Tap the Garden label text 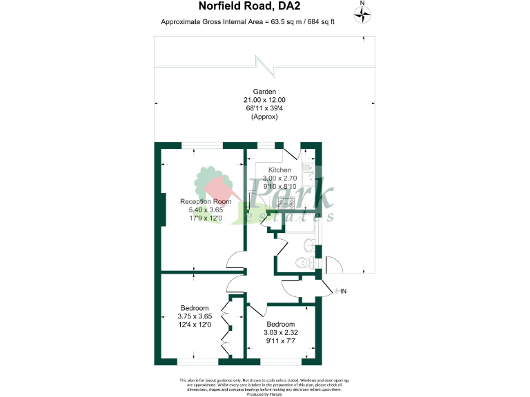(264, 92)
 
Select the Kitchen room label (279, 170)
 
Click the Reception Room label (215, 201)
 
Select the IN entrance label (342, 292)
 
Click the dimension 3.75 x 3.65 (195, 316)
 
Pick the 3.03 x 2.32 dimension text (281, 333)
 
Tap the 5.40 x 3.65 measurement (215, 210)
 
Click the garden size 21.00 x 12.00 (264, 100)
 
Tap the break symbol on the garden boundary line (264, 67)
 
